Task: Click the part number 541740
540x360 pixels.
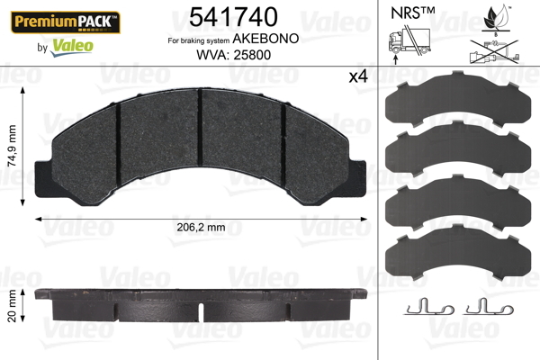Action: point(233,17)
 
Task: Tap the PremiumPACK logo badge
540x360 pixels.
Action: point(66,22)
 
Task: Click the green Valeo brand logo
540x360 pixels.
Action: point(72,47)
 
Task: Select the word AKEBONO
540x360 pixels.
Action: point(265,39)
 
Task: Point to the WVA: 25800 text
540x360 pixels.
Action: point(233,55)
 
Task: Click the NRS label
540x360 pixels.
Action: point(412,13)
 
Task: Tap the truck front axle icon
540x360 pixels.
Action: point(409,43)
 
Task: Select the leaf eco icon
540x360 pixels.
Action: point(496,19)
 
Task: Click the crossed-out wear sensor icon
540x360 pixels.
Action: point(494,52)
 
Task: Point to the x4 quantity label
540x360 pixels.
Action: point(358,76)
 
